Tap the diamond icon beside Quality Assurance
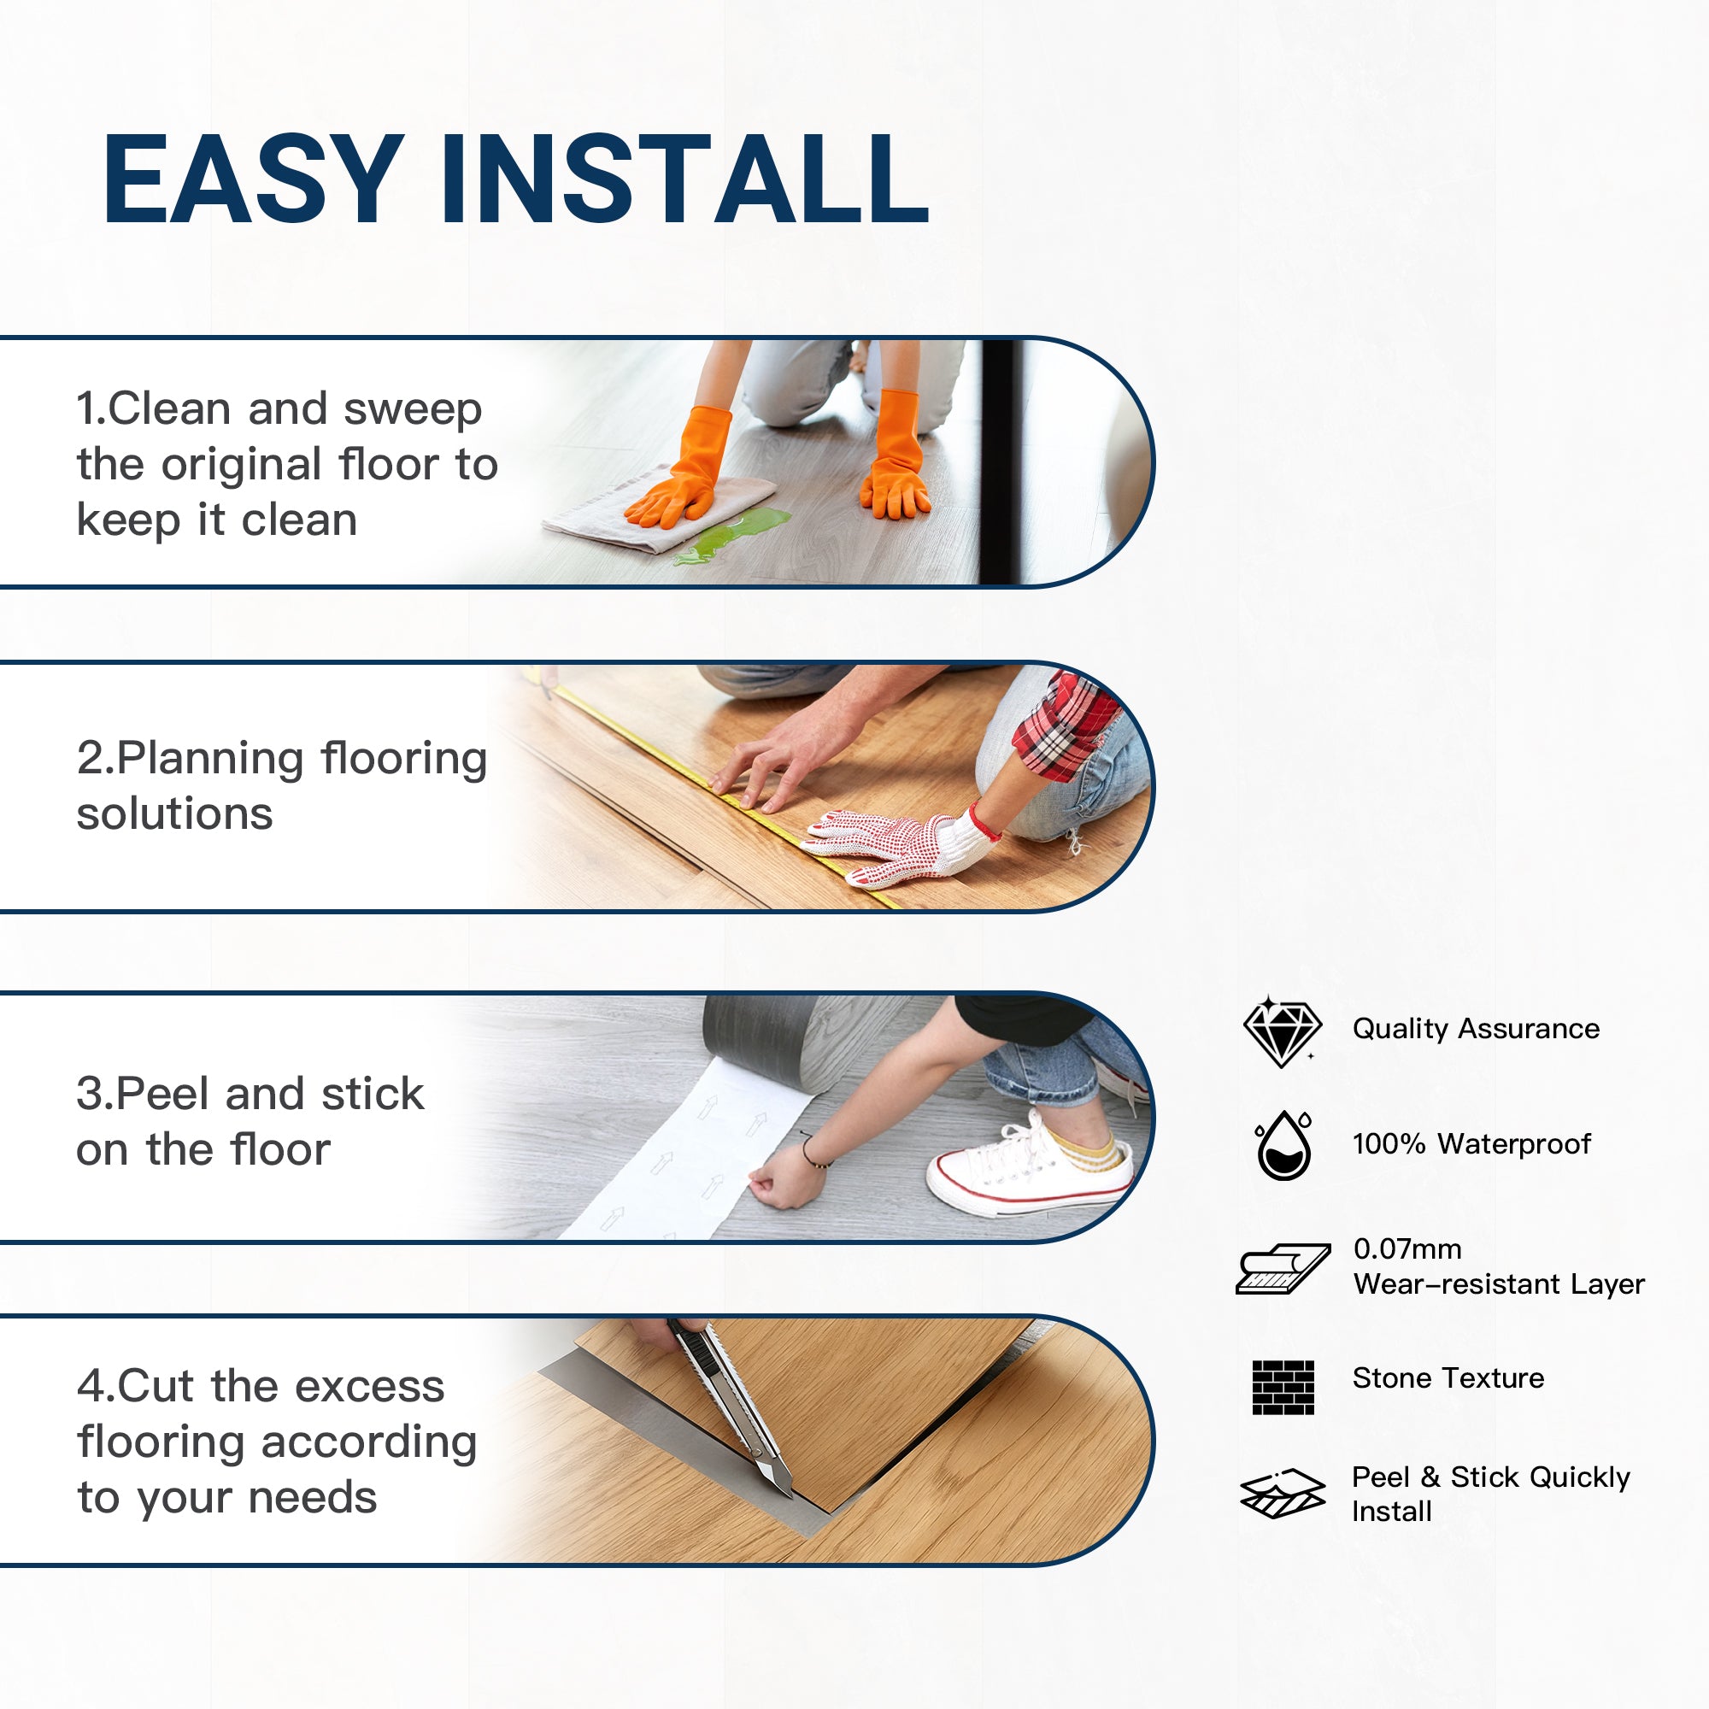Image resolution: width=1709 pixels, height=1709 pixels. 1282,1031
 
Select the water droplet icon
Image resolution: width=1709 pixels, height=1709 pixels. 1283,1147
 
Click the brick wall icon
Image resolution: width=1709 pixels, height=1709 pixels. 1283,1387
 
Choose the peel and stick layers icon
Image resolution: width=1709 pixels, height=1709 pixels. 1282,1494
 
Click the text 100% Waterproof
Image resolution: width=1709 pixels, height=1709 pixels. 1471,1144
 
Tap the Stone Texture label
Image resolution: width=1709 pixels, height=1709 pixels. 1448,1378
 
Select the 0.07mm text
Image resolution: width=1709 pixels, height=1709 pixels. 1407,1249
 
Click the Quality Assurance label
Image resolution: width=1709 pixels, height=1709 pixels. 1476,1029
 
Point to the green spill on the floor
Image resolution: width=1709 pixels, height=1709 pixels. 734,534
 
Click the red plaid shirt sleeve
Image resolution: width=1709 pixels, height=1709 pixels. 1062,725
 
